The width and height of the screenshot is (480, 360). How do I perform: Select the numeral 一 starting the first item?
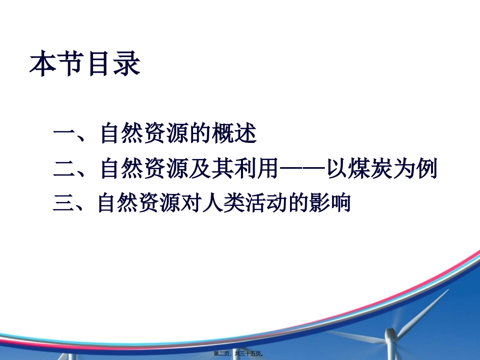64,135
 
